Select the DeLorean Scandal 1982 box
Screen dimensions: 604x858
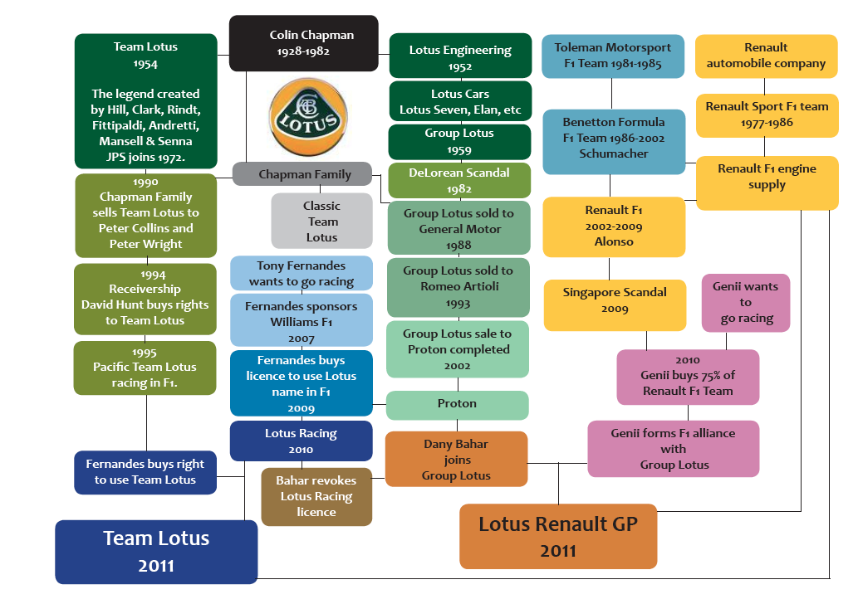459,180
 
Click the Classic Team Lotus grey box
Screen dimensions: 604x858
321,222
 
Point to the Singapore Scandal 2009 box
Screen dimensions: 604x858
615,300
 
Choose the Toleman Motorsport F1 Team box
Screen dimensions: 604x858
612,56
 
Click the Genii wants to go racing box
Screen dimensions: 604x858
745,303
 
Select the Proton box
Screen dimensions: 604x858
457,404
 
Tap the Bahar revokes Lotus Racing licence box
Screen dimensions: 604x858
316,496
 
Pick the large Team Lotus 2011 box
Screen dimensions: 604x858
156,551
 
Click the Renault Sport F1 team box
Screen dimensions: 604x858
767,114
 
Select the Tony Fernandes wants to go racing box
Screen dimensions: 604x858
301,274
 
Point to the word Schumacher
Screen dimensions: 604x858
614,153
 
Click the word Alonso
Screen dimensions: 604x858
614,241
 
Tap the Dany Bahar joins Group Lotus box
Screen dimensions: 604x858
456,460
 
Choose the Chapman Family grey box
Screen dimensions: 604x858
304,174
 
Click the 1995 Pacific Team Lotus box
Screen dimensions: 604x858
145,368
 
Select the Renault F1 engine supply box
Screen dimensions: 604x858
767,177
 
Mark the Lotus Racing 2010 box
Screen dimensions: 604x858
301,441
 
